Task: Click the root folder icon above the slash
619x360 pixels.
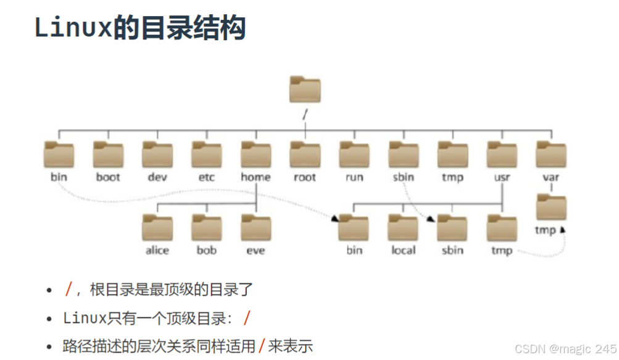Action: [x=305, y=90]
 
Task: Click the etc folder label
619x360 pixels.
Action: [x=207, y=177]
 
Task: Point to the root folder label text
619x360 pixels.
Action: [x=305, y=177]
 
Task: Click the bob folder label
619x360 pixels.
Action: [x=207, y=250]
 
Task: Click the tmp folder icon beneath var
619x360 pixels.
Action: [x=551, y=207]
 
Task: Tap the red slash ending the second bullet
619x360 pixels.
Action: [x=247, y=319]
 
